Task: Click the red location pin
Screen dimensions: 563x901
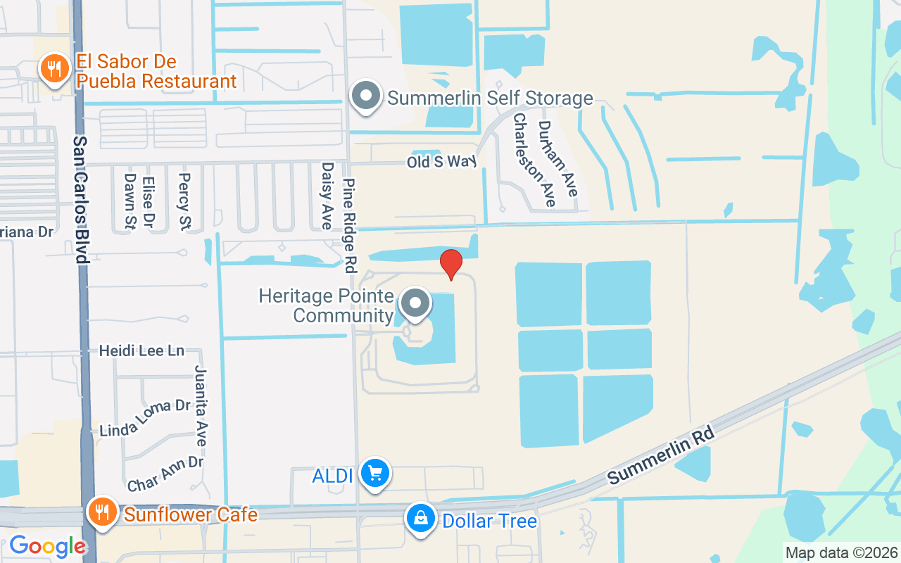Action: pos(451,264)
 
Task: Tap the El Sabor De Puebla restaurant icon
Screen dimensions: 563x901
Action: pos(53,69)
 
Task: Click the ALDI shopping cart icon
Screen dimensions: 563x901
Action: pos(374,474)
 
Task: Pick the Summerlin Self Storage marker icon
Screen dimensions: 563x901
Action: pos(366,96)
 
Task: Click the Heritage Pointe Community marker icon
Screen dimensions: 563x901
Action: pos(415,304)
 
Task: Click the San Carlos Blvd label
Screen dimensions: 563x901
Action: pos(82,200)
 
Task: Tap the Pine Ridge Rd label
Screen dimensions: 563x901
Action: pos(349,225)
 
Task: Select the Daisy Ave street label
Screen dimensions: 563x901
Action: pos(327,196)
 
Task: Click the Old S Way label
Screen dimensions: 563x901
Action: pos(442,162)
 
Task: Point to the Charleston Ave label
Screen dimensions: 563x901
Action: pos(533,160)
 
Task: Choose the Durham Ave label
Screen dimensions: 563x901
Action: pos(557,158)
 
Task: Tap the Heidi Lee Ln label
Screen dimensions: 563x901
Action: pos(141,350)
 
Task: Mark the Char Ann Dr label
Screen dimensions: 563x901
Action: pos(165,474)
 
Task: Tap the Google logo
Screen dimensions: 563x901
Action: pos(47,546)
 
